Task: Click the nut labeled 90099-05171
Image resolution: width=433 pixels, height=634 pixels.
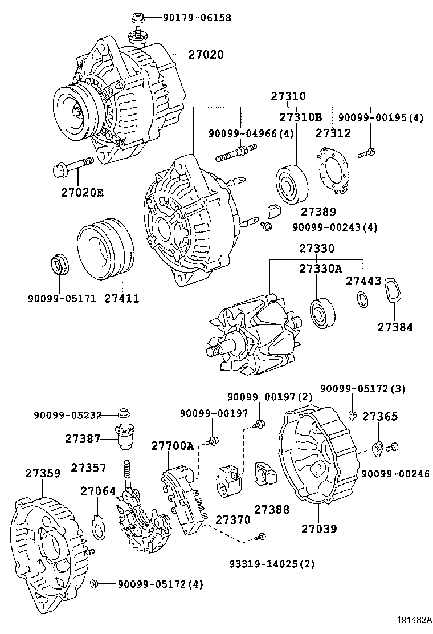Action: [x=59, y=265]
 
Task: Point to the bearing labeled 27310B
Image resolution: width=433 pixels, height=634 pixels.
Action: [x=292, y=184]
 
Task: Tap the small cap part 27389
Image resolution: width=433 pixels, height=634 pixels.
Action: [x=273, y=212]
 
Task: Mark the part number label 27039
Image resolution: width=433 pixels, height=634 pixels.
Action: [x=318, y=529]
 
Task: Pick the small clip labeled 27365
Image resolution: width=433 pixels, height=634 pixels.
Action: [x=377, y=449]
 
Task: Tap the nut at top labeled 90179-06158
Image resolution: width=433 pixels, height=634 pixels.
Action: [x=137, y=19]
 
